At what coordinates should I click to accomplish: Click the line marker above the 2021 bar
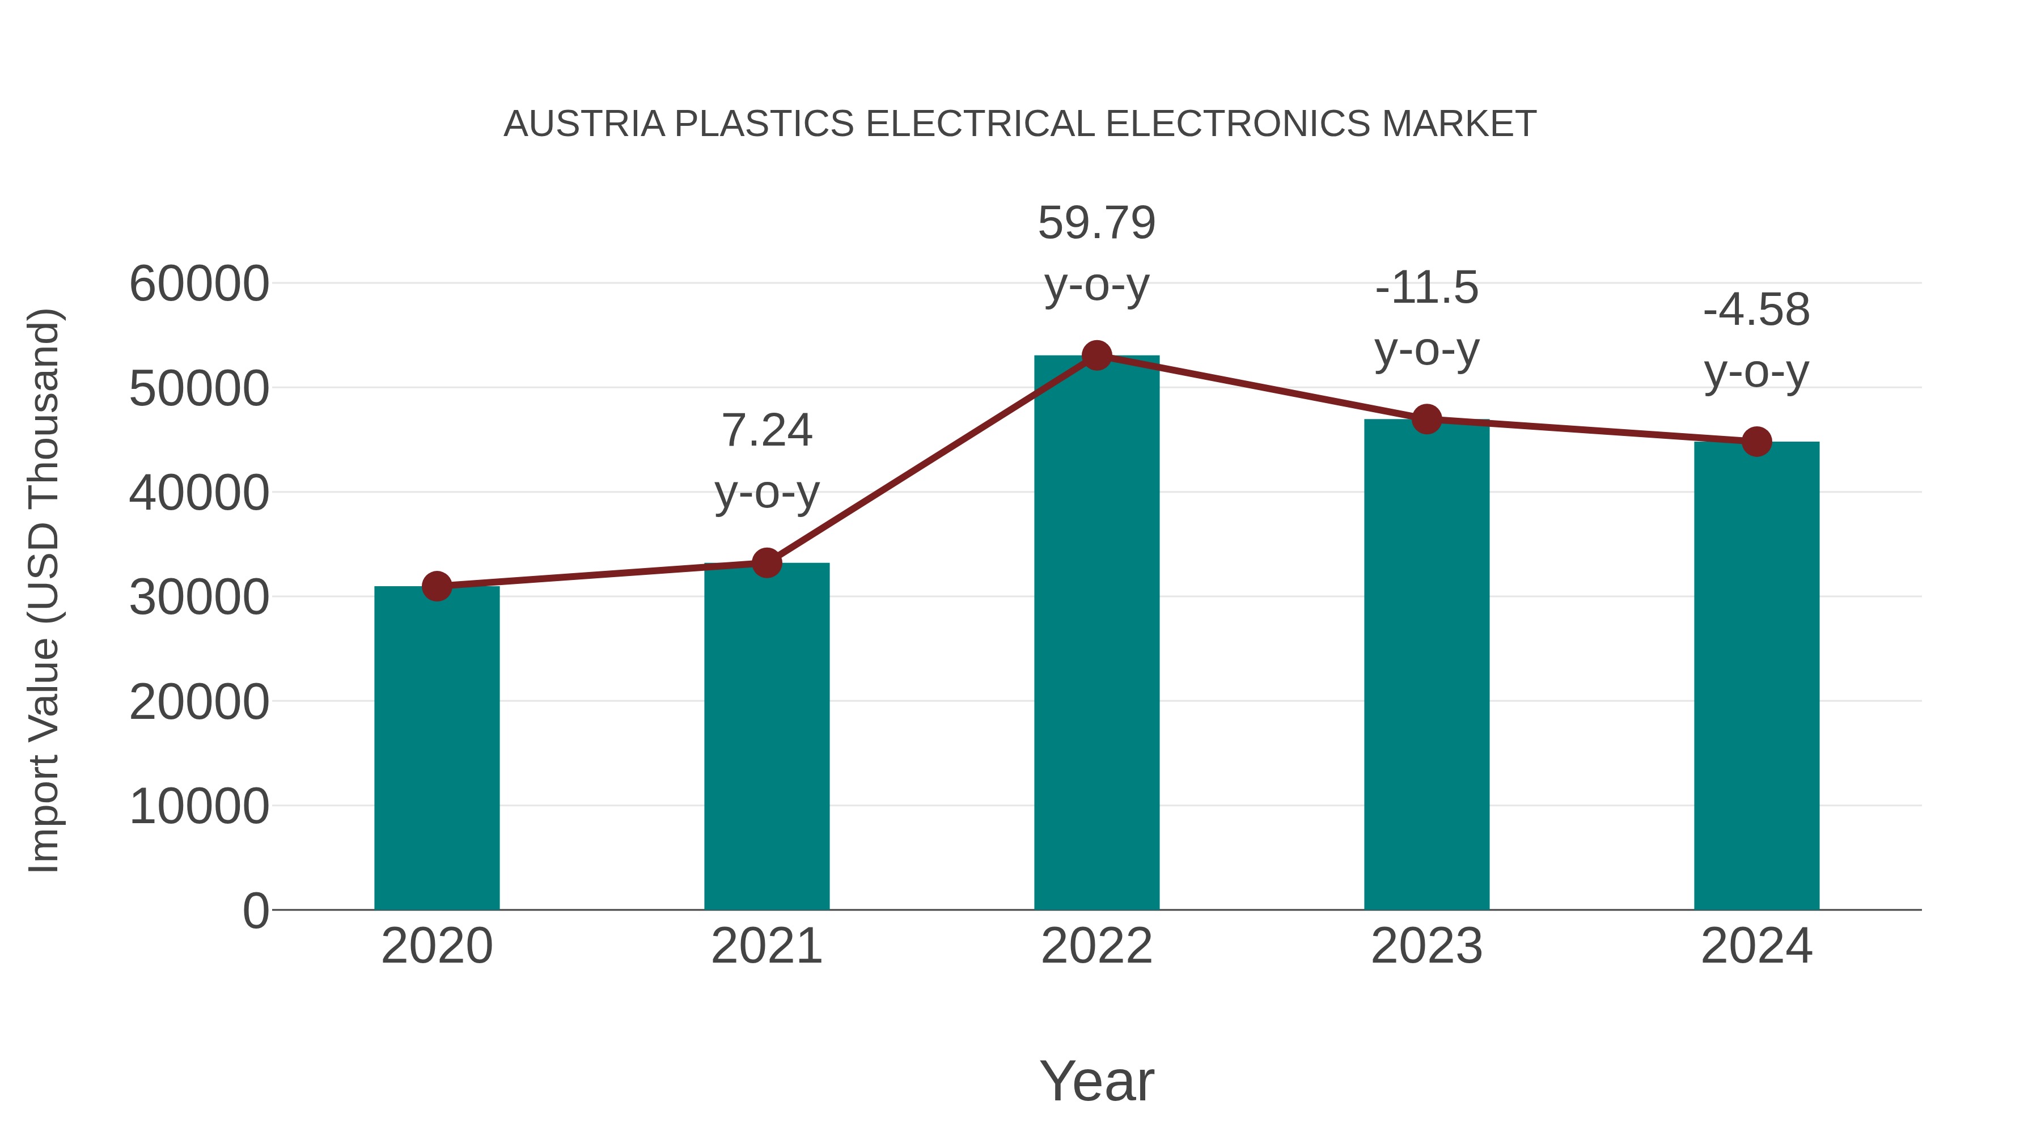tap(766, 564)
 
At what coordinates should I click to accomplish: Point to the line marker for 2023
tap(1426, 419)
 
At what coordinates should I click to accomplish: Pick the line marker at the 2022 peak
tap(1096, 355)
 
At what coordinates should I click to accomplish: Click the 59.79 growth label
tap(1096, 223)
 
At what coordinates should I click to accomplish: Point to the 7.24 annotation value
tap(766, 430)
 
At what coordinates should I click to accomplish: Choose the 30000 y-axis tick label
tap(199, 598)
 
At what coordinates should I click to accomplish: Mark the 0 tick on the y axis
tap(256, 910)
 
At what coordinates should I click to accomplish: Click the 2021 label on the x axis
tap(766, 946)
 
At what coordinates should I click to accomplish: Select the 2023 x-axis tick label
tap(1426, 946)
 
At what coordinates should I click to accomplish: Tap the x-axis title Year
tap(1096, 1081)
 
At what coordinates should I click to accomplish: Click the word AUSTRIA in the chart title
tap(584, 124)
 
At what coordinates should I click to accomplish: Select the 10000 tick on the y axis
tap(199, 807)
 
